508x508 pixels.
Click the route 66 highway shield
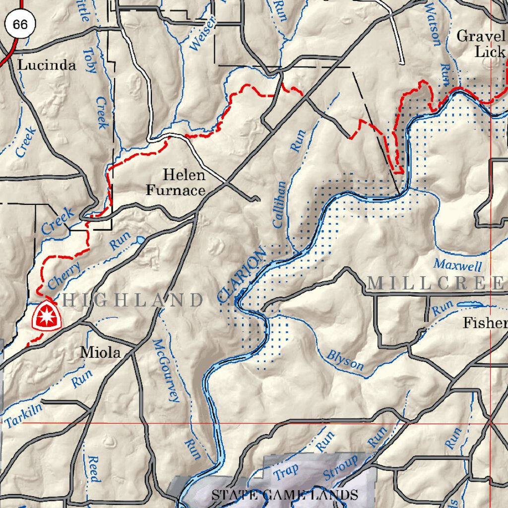click(x=21, y=24)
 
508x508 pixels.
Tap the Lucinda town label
click(x=47, y=65)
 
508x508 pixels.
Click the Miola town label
click(x=101, y=353)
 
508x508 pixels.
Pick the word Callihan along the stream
click(x=279, y=204)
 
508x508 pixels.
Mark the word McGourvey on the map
click(x=166, y=370)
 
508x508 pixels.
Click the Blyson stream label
click(x=345, y=361)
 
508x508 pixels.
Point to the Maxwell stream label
click(x=457, y=265)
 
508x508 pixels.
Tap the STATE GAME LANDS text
click(x=285, y=495)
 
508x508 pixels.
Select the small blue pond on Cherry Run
click(x=141, y=240)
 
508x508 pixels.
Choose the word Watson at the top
click(x=433, y=23)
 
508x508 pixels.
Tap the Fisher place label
click(x=485, y=323)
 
